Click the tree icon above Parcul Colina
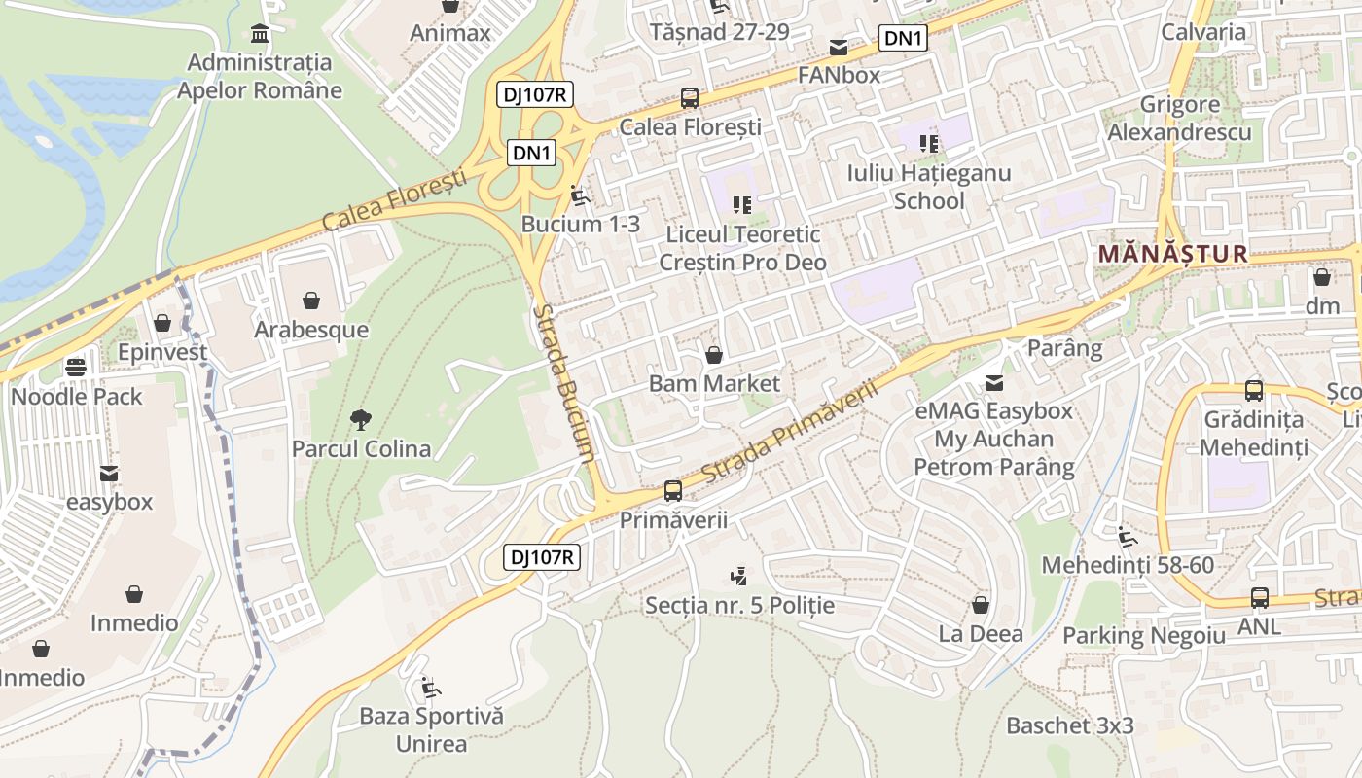pos(361,420)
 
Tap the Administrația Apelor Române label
pos(260,76)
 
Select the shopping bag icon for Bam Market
pos(713,355)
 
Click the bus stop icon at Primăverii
pos(672,491)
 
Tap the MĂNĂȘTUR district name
pos(1171,254)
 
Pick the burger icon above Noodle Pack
pos(76,368)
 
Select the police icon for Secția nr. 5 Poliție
pos(739,577)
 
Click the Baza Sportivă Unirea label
pos(431,730)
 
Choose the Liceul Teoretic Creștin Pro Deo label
pos(742,248)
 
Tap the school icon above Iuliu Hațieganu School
pos(929,144)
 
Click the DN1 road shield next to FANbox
pos(903,39)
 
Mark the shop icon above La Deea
pos(981,605)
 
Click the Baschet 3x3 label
pos(1069,725)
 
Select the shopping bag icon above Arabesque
pos(311,301)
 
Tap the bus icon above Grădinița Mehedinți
pos(1253,391)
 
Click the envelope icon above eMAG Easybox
pos(993,383)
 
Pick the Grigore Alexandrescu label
pos(1179,118)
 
